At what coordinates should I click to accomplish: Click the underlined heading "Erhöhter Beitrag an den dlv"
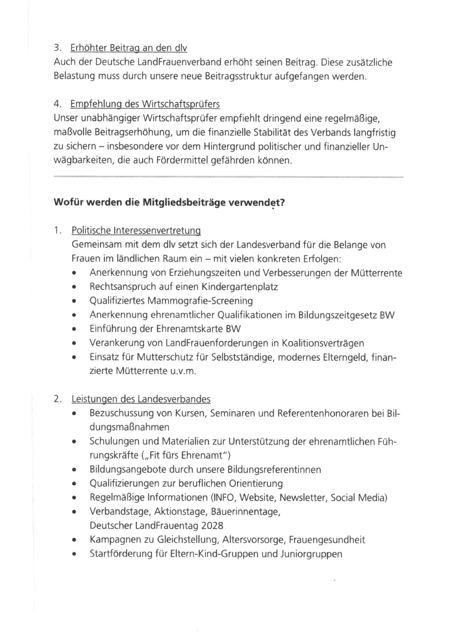(x=128, y=48)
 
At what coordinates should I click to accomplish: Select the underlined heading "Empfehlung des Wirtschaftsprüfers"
(x=145, y=104)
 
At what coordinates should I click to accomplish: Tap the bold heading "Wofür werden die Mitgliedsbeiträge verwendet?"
(x=169, y=203)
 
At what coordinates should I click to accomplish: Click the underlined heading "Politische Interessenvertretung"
(x=136, y=230)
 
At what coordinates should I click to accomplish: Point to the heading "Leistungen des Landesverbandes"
(x=141, y=399)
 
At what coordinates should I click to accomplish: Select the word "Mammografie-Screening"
(x=200, y=301)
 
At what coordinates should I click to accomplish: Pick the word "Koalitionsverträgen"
(x=323, y=343)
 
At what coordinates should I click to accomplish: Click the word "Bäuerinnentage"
(x=245, y=512)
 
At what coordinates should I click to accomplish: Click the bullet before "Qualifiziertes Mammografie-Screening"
(x=75, y=302)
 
